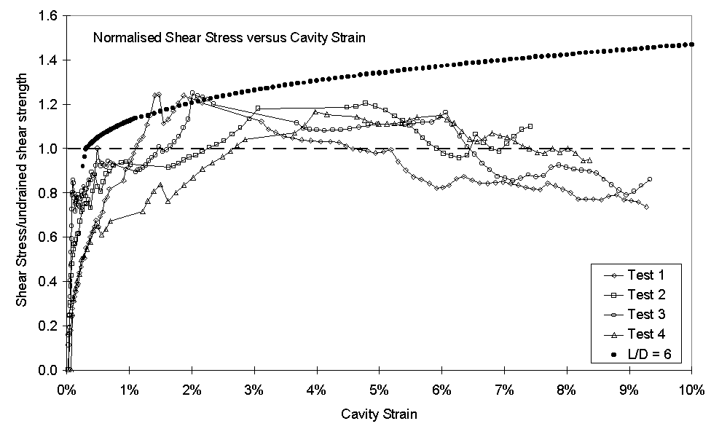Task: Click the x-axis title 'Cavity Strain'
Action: [379, 415]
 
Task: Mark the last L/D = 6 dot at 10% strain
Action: [691, 44]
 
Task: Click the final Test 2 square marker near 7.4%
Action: [530, 127]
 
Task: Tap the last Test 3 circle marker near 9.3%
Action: [649, 179]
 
